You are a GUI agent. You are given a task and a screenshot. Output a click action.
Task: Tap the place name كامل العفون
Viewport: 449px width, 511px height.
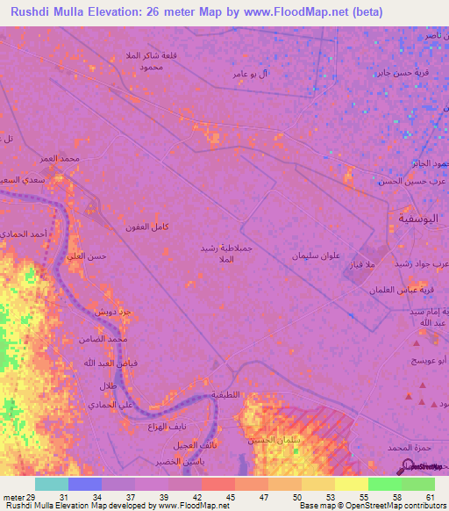[x=146, y=227]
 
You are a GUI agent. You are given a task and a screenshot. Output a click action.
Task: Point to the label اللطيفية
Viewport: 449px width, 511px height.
[x=226, y=394]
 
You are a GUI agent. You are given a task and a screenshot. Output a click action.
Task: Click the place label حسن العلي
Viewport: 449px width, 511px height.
[x=87, y=255]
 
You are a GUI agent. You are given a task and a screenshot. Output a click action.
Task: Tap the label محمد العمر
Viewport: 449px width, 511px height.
[x=60, y=159]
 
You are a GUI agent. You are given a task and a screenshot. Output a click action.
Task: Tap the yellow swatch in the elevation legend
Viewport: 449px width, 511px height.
[x=351, y=484]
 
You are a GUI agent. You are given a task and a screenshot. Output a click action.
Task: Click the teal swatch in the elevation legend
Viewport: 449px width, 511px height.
[x=52, y=484]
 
